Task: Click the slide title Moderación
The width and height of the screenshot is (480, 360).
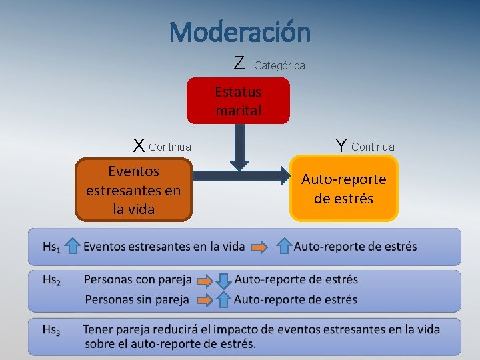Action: pyautogui.click(x=239, y=31)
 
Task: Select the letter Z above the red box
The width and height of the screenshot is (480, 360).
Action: pyautogui.click(x=239, y=63)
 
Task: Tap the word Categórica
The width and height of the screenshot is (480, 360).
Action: pyautogui.click(x=279, y=65)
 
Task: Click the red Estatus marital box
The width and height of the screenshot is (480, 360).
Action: pyautogui.click(x=238, y=101)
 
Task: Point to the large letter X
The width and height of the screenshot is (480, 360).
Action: pyautogui.click(x=139, y=145)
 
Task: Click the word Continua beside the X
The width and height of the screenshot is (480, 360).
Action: pyautogui.click(x=170, y=147)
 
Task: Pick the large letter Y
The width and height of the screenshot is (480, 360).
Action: pyautogui.click(x=341, y=145)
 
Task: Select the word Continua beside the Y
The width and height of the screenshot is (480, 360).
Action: pyautogui.click(x=373, y=147)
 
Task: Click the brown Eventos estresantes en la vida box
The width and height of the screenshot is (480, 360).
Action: pyautogui.click(x=133, y=190)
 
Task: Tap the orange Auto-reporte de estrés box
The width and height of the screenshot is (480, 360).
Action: pyautogui.click(x=343, y=189)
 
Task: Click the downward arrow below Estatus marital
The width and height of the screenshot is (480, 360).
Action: pyautogui.click(x=238, y=146)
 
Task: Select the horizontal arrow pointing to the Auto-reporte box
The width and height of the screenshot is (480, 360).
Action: pyautogui.click(x=240, y=175)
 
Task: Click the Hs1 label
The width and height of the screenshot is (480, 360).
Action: pyautogui.click(x=51, y=247)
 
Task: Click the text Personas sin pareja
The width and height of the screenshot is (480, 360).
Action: pyautogui.click(x=136, y=299)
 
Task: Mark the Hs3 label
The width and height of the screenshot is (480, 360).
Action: pyautogui.click(x=51, y=330)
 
